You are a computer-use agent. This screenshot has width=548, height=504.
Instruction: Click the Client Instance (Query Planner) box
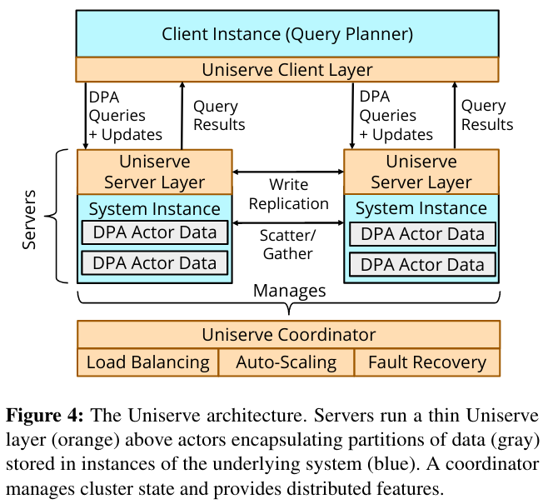pyautogui.click(x=287, y=33)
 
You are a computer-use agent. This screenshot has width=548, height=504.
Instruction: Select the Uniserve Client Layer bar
pyautogui.click(x=287, y=69)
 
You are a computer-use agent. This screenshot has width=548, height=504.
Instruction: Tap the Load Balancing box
pyautogui.click(x=148, y=362)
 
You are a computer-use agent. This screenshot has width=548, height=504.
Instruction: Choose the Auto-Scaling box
pyautogui.click(x=286, y=362)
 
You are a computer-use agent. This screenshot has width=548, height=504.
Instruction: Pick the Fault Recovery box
pyautogui.click(x=427, y=362)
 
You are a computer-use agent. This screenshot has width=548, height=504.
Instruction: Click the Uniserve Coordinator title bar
pyautogui.click(x=289, y=335)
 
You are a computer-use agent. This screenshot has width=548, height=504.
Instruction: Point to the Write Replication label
pyautogui.click(x=289, y=194)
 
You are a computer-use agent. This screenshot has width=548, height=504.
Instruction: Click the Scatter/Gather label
pyautogui.click(x=288, y=244)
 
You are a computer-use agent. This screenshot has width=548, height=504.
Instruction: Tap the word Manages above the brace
pyautogui.click(x=289, y=291)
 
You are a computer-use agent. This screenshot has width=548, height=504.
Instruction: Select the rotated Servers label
pyautogui.click(x=29, y=219)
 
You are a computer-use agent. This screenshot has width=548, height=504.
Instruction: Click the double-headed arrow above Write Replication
pyautogui.click(x=288, y=172)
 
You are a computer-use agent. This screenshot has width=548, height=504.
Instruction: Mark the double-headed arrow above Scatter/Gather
pyautogui.click(x=288, y=222)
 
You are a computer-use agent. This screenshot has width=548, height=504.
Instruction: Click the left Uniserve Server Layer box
pyautogui.click(x=154, y=172)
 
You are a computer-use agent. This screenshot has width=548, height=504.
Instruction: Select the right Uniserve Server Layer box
pyautogui.click(x=421, y=172)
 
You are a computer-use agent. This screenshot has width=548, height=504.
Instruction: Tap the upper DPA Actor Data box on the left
pyautogui.click(x=154, y=232)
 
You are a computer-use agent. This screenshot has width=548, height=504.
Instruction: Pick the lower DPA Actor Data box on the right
pyautogui.click(x=422, y=265)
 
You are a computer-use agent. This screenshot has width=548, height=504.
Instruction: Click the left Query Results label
pyautogui.click(x=219, y=115)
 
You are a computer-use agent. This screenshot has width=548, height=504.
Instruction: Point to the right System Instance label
pyautogui.click(x=421, y=208)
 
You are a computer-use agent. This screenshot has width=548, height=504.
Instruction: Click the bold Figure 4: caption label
pyautogui.click(x=45, y=416)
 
